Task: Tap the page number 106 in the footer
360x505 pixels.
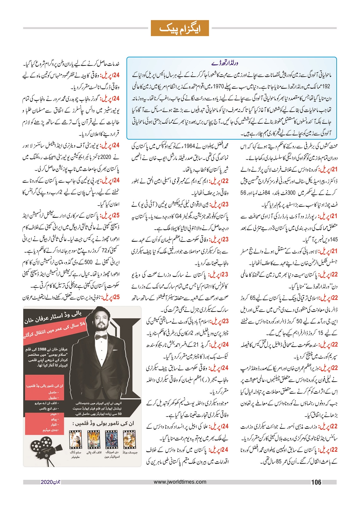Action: [316, 482]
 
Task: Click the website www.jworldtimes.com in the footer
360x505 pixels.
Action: [180, 482]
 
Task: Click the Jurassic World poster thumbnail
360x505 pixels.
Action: [129, 439]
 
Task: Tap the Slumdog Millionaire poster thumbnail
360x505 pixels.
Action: [75, 439]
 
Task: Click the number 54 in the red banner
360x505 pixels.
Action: [82, 324]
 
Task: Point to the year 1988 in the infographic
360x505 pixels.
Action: [41, 349]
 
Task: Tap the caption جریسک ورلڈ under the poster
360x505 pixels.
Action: [130, 452]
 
